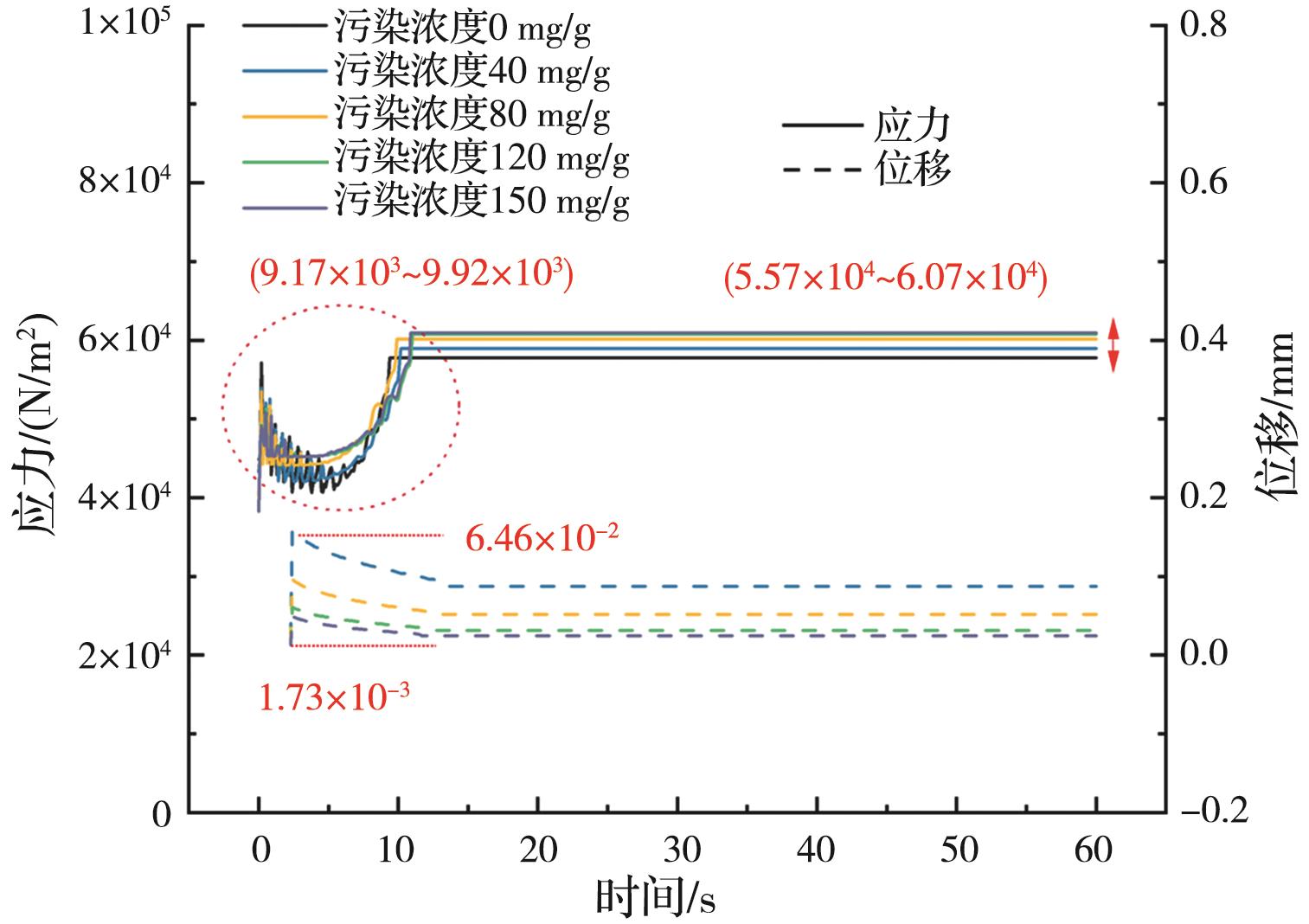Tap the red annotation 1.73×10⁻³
tap(334, 697)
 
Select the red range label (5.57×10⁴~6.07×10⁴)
tap(885, 279)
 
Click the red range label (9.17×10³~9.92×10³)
tap(411, 276)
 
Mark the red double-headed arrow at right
tap(1114, 346)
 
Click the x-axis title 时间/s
tap(655, 898)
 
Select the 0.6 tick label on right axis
tap(1203, 183)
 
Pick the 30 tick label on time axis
tap(677, 850)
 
